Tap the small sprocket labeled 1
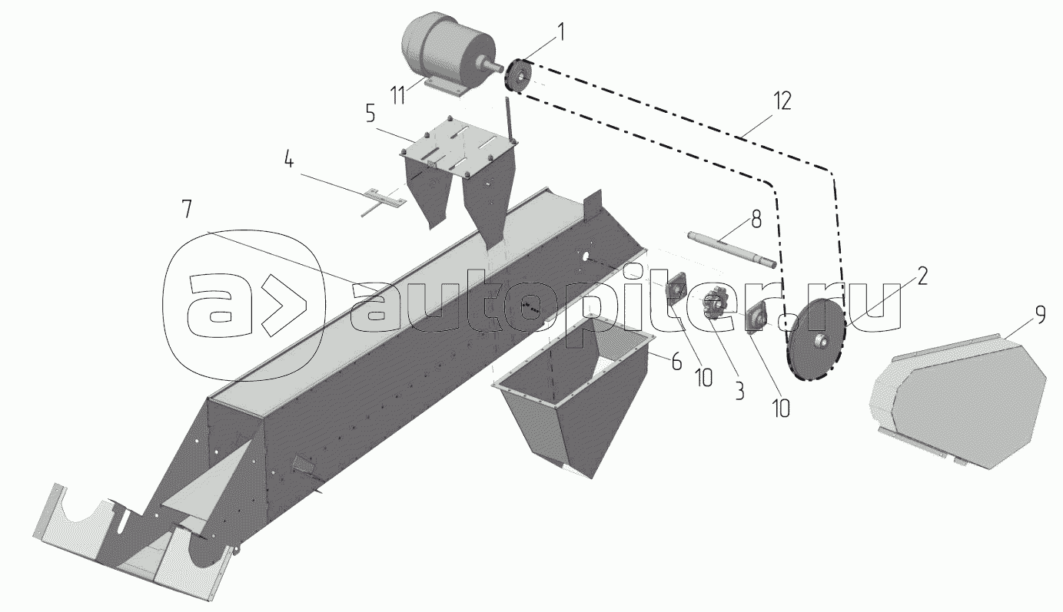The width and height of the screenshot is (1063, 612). tap(519, 76)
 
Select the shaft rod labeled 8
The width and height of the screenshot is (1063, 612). tap(730, 249)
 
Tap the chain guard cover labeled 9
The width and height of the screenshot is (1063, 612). tap(961, 399)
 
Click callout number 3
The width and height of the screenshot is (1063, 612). tap(738, 390)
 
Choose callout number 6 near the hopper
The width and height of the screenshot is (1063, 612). tap(676, 362)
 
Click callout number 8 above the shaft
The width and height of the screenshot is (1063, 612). tap(756, 220)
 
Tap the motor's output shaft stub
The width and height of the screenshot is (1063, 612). tap(489, 66)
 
